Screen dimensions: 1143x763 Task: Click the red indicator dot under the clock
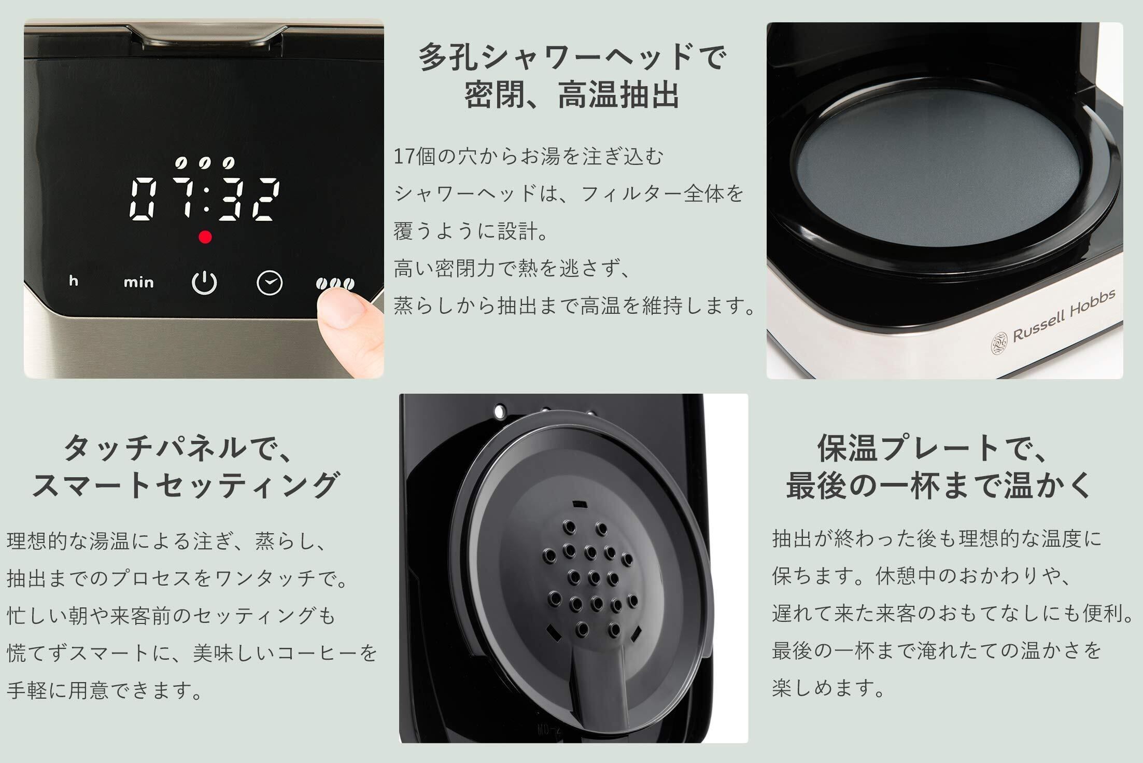pos(205,237)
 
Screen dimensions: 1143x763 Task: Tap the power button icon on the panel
pos(204,283)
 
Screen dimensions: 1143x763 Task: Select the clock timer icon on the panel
pos(270,283)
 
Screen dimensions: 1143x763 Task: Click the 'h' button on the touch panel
pos(74,281)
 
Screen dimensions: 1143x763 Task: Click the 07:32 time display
pos(205,200)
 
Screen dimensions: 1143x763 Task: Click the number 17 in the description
pos(404,156)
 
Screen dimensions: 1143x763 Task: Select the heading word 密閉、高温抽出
pos(572,94)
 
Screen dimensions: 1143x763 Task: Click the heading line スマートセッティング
pos(185,485)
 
